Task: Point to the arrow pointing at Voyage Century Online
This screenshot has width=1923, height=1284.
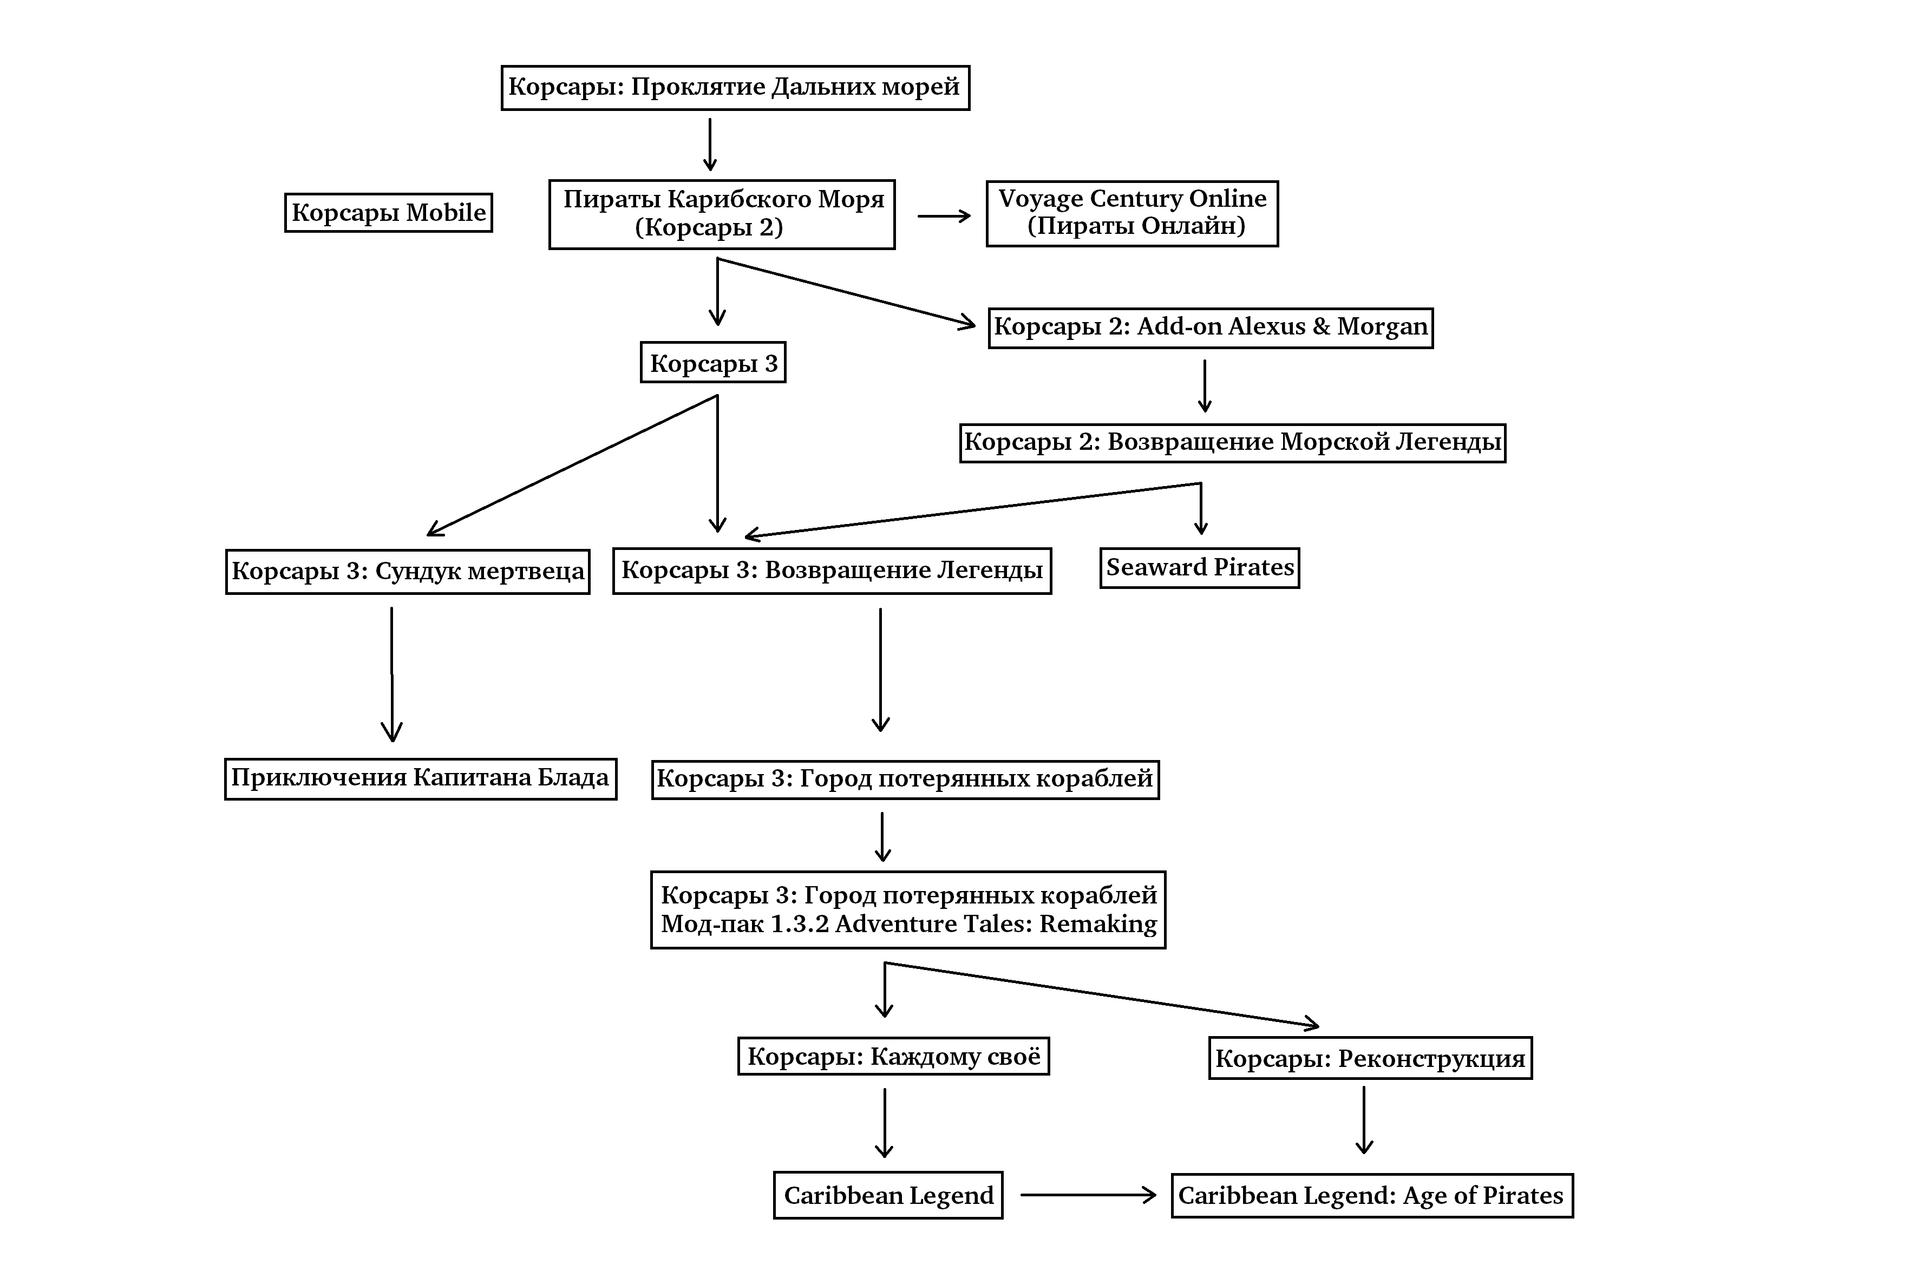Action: coord(944,216)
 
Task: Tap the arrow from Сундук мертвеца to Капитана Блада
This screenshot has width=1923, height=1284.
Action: coord(391,674)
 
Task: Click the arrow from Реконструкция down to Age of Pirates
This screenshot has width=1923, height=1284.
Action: coord(1364,1120)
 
